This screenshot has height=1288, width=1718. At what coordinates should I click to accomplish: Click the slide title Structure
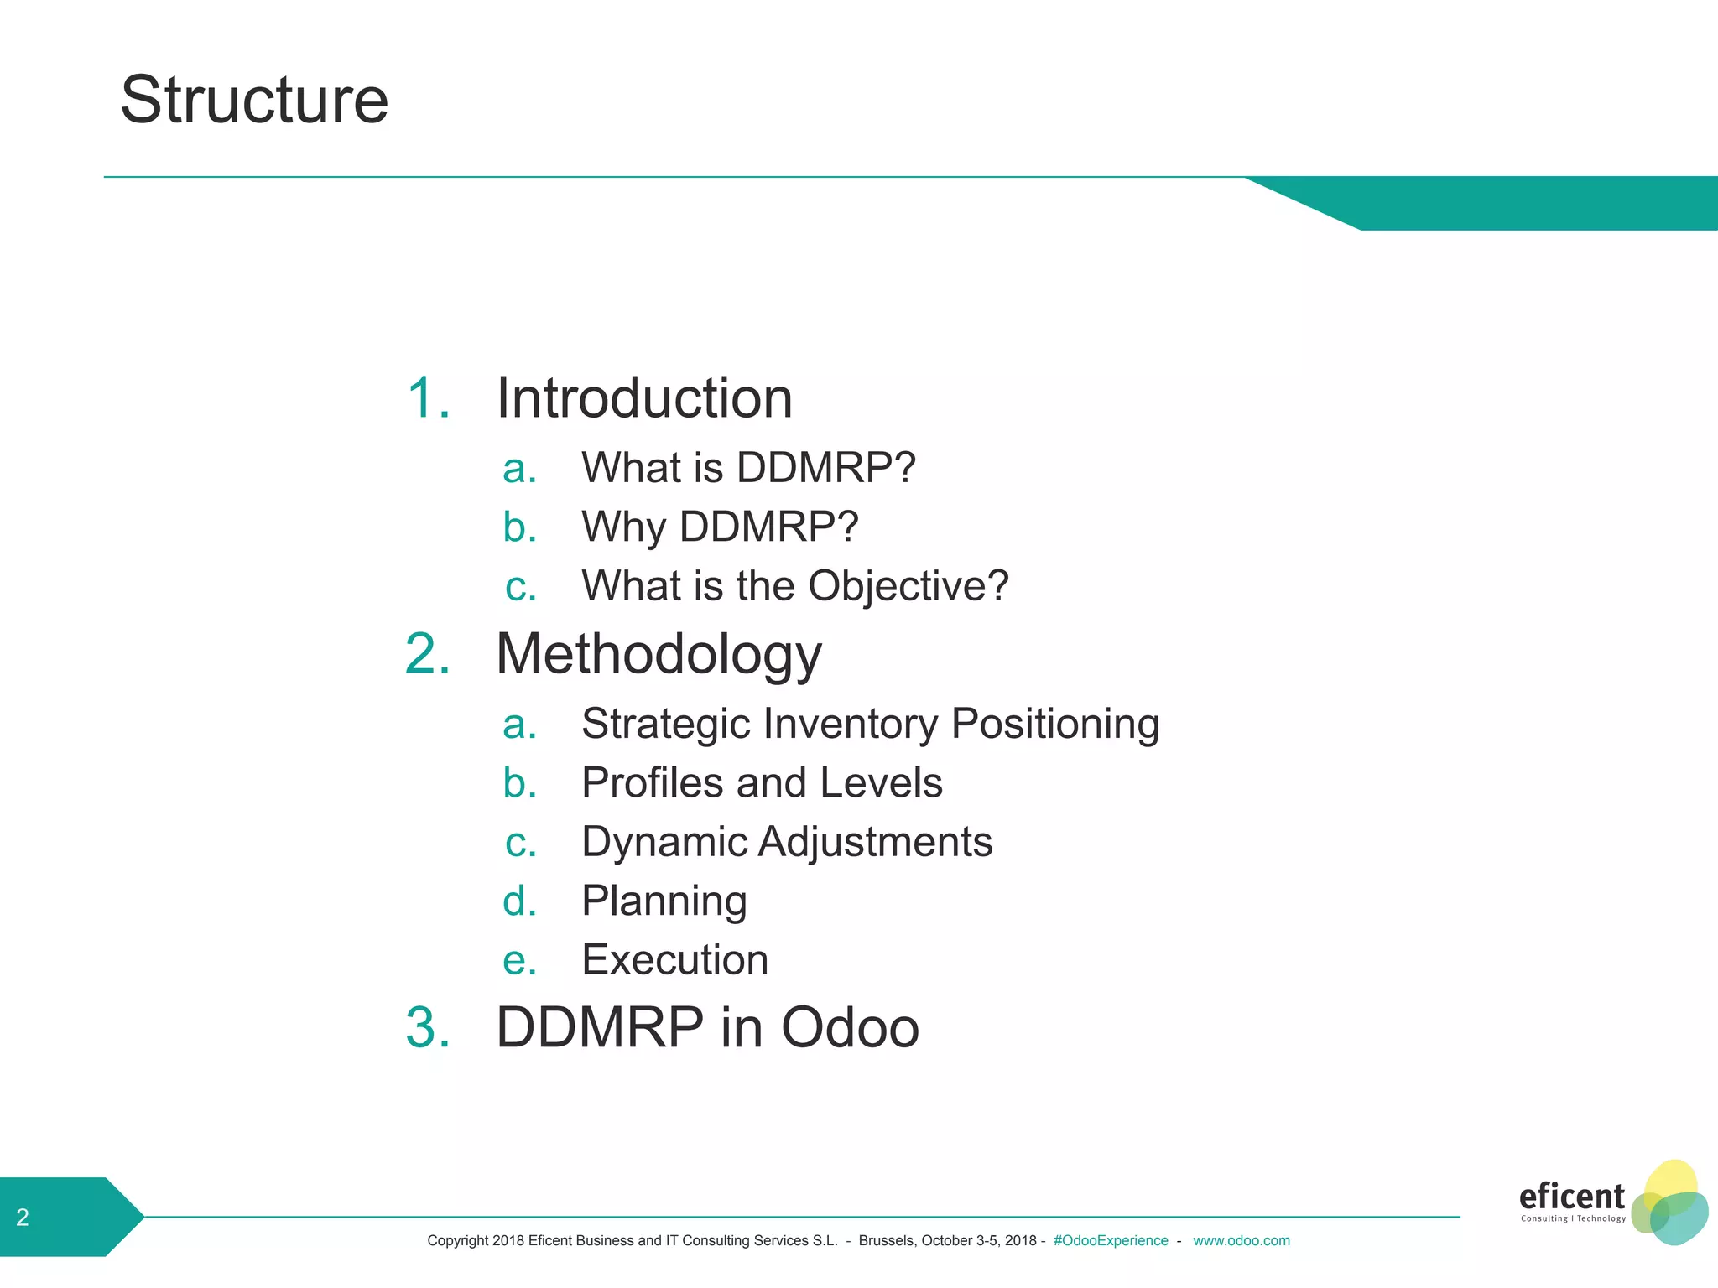click(x=254, y=100)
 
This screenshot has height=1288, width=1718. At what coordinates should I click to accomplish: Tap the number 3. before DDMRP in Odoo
click(x=428, y=1027)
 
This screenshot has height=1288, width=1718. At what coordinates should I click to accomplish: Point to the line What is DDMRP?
click(x=748, y=467)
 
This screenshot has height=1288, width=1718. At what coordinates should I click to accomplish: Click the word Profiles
click(x=652, y=782)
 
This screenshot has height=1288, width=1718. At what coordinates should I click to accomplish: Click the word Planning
click(x=664, y=901)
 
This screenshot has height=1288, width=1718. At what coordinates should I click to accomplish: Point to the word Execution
click(x=674, y=959)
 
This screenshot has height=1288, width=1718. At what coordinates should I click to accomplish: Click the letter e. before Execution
click(x=519, y=960)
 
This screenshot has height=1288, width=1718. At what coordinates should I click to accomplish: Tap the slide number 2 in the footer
click(x=23, y=1217)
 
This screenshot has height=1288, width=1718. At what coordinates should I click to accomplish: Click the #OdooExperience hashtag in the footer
click(x=1110, y=1240)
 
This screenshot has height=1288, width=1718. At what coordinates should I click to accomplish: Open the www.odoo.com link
click(x=1241, y=1240)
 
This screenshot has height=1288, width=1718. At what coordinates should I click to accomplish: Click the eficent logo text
click(x=1571, y=1196)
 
